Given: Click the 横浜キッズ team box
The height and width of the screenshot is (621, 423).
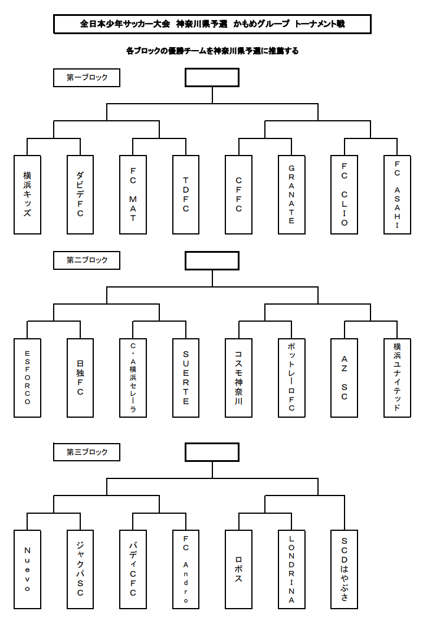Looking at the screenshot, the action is pyautogui.click(x=27, y=194).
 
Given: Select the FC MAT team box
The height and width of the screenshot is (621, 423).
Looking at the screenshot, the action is pyautogui.click(x=133, y=194).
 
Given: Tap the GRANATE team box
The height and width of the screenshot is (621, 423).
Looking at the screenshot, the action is pyautogui.click(x=292, y=194).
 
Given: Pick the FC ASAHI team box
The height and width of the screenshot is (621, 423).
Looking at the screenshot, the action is pyautogui.click(x=397, y=194).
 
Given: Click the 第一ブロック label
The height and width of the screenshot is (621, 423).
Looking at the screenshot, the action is pyautogui.click(x=87, y=78).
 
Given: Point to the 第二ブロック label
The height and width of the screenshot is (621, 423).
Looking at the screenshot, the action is pyautogui.click(x=87, y=260).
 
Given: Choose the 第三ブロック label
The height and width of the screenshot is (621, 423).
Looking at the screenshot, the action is pyautogui.click(x=87, y=452).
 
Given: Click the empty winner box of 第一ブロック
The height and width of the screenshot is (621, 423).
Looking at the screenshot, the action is pyautogui.click(x=212, y=77).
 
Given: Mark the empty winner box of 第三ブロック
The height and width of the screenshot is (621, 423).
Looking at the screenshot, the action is pyautogui.click(x=212, y=452).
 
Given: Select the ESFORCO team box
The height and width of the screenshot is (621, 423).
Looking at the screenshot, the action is pyautogui.click(x=27, y=378).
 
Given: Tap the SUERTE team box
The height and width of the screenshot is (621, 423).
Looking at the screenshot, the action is pyautogui.click(x=186, y=378).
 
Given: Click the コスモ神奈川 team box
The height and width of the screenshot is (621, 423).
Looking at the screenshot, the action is pyautogui.click(x=239, y=378).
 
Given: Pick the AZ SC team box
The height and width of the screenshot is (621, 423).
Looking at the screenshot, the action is pyautogui.click(x=345, y=378).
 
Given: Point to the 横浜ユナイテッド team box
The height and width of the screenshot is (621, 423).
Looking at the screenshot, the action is pyautogui.click(x=397, y=378).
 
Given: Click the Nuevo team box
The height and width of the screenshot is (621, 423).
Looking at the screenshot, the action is pyautogui.click(x=27, y=570).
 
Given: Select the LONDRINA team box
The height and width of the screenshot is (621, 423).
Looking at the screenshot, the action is pyautogui.click(x=292, y=570).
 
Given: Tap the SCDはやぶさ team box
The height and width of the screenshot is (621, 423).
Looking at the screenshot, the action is pyautogui.click(x=345, y=570).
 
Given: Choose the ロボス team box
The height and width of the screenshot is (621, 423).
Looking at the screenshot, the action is pyautogui.click(x=239, y=570).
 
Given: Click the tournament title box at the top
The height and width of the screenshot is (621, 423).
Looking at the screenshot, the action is pyautogui.click(x=212, y=24).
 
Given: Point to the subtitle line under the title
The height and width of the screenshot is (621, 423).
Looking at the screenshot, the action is pyautogui.click(x=212, y=51).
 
